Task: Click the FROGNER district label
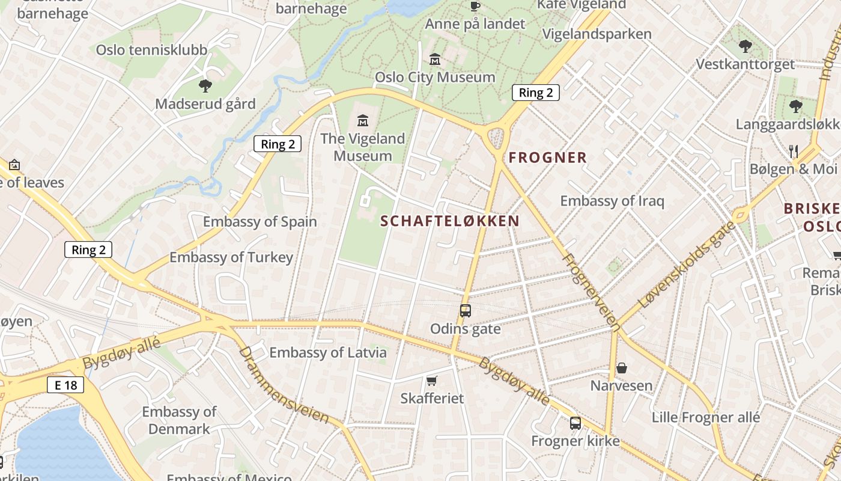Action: (547, 158)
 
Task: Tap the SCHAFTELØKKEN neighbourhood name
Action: (450, 221)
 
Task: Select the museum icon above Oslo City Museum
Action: (435, 60)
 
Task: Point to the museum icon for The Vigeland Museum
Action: (363, 120)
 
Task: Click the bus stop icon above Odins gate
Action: (466, 311)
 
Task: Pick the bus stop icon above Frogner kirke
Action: (575, 423)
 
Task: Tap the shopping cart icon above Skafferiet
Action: (431, 381)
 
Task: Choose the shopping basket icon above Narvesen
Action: (622, 367)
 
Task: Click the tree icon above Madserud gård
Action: (205, 86)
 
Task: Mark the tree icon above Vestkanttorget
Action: (745, 46)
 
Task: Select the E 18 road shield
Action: (65, 385)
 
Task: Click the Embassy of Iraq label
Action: (612, 200)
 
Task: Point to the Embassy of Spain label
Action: (260, 221)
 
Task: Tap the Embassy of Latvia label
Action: (328, 352)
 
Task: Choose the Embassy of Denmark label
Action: (179, 420)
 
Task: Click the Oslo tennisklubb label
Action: (151, 50)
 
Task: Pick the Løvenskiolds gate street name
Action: (687, 265)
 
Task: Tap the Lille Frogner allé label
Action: (706, 417)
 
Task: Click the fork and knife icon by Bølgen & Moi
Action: (794, 152)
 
